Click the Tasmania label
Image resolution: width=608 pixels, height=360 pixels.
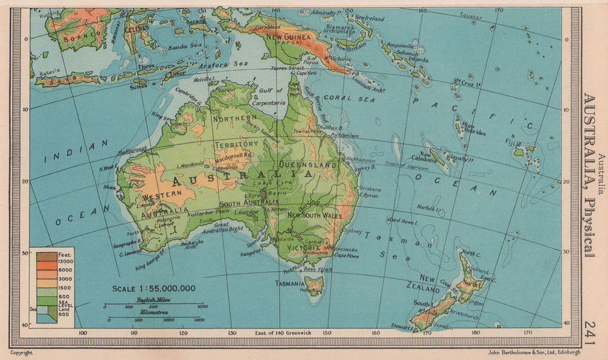click(x=289, y=283)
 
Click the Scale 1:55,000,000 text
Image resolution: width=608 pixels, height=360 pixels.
click(x=154, y=288)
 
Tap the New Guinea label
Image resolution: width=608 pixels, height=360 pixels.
click(x=285, y=36)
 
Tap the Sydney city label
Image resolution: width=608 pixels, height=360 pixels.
click(x=353, y=232)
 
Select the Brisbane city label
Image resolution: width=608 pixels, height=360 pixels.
click(x=370, y=189)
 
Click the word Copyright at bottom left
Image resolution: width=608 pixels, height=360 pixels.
click(x=21, y=352)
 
